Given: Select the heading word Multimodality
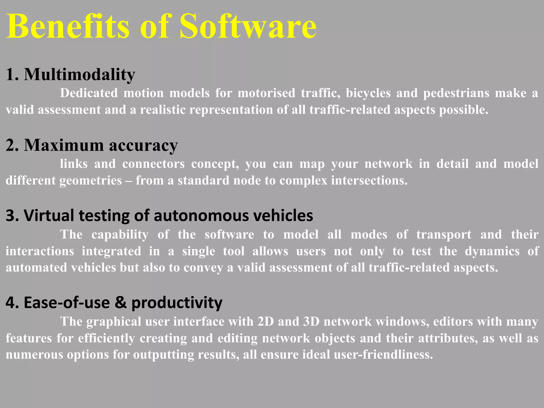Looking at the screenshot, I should click(79, 74).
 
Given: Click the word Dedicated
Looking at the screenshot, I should click(89, 93).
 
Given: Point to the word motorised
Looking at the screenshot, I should click(266, 93).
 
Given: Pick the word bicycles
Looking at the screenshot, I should click(368, 93).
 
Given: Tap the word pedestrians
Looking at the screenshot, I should click(456, 93).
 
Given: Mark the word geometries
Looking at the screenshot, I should click(91, 181).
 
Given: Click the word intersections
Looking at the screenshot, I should click(369, 181).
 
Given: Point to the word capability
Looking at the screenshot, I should click(120, 235).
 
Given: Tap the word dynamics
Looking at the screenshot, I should click(492, 251).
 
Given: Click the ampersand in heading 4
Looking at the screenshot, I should click(121, 303).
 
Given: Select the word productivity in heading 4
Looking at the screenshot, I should click(177, 303).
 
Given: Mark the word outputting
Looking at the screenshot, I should click(163, 355).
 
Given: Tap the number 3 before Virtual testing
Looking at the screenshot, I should click(10, 215).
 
